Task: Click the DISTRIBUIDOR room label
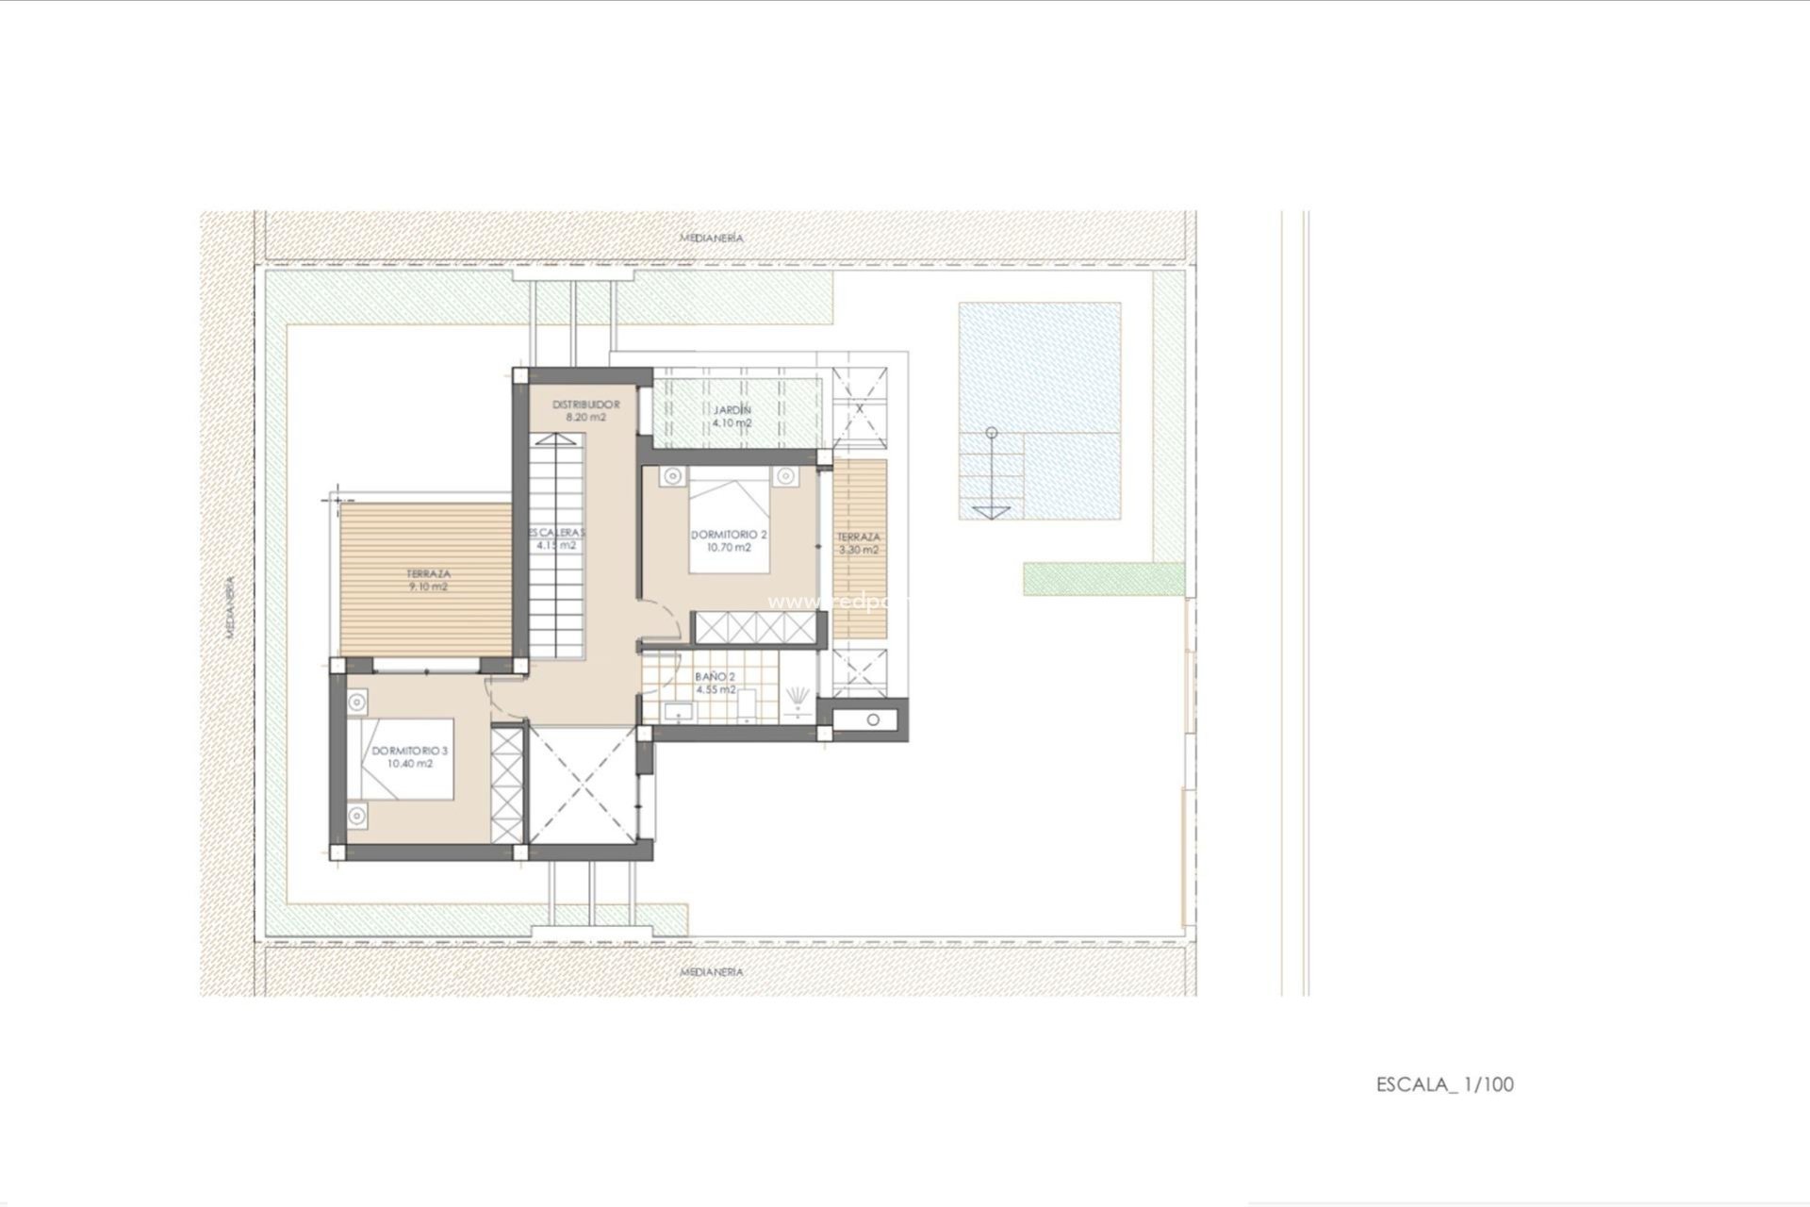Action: [585, 405]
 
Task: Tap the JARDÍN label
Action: [732, 410]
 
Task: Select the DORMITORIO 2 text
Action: [729, 535]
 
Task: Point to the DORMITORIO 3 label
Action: [409, 752]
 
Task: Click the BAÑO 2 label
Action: [715, 677]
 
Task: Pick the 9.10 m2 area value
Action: [428, 587]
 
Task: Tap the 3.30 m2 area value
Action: [858, 550]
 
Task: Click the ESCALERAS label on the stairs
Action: [556, 532]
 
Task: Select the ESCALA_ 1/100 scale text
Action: [1444, 1084]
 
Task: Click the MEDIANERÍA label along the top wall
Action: [712, 239]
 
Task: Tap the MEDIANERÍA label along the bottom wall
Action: [712, 971]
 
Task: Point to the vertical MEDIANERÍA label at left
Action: [229, 608]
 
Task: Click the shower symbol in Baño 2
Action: [799, 696]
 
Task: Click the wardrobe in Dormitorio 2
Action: [754, 627]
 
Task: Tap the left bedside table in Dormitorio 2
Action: [671, 476]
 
